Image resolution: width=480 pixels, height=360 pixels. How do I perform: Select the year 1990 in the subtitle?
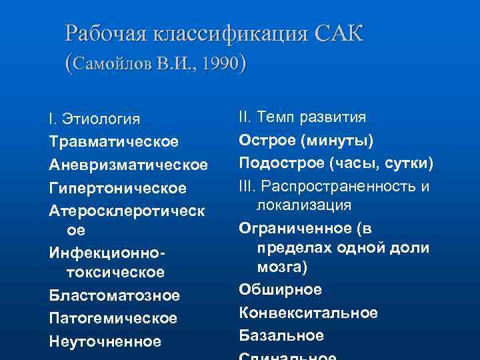(220, 64)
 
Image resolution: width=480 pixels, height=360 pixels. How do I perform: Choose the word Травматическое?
(113, 142)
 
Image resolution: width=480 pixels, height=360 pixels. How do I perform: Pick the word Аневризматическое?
(128, 164)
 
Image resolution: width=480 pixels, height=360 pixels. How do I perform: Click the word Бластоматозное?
(114, 295)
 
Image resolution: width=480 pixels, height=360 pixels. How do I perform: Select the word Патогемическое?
(113, 318)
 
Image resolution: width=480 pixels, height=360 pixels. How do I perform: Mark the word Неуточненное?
(105, 341)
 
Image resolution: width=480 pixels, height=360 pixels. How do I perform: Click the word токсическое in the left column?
(115, 273)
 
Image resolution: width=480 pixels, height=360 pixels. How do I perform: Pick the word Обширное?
(280, 290)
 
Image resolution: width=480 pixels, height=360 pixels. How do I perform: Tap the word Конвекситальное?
(308, 313)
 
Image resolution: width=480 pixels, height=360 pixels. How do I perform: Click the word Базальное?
(281, 335)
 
